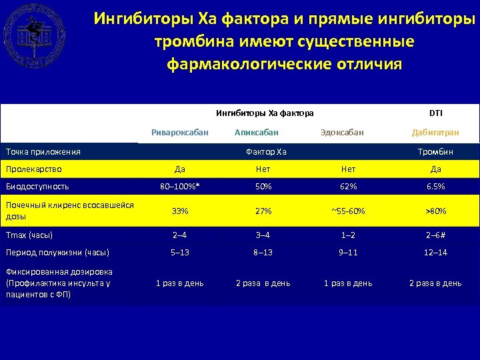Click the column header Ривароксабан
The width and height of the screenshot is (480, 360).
click(179, 132)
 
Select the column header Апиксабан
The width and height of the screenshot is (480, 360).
click(257, 132)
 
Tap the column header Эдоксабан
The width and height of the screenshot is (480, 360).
click(342, 132)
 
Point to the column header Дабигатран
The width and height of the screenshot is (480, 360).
click(435, 132)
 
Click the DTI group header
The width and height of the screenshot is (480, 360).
click(435, 113)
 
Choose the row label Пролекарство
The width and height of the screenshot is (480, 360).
click(33, 169)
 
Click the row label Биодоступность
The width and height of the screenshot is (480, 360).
click(37, 186)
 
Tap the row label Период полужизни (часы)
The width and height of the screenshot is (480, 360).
click(57, 252)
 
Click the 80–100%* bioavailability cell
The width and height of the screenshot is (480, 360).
click(179, 186)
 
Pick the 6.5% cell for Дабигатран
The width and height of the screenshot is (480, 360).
click(435, 186)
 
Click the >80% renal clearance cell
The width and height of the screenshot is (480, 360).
click(435, 211)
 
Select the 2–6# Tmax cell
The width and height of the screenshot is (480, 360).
click(435, 235)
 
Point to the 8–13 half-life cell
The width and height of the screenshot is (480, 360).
click(263, 252)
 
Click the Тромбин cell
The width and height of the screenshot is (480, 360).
click(435, 151)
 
